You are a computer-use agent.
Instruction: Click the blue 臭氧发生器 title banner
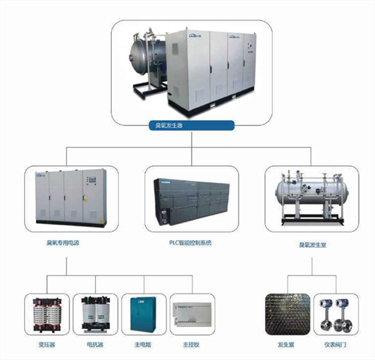(x=191, y=126)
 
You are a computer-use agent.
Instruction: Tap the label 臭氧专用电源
(x=63, y=243)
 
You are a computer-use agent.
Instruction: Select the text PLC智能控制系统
(x=190, y=243)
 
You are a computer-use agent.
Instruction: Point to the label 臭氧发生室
(x=312, y=245)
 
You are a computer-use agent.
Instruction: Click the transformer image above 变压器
(x=47, y=315)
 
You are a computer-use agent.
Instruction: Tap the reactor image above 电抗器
(x=95, y=315)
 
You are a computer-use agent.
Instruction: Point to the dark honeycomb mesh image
(x=288, y=314)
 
